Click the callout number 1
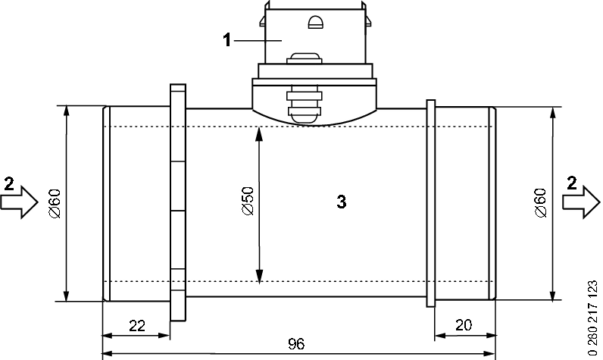(x=227, y=40)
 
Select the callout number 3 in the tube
(x=341, y=202)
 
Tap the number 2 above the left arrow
(x=8, y=183)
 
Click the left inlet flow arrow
(x=19, y=203)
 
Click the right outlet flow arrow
(x=581, y=203)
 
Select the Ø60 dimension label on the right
(x=539, y=202)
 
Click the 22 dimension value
(x=137, y=326)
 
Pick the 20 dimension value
(x=464, y=326)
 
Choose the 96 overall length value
(x=296, y=344)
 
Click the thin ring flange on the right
(x=431, y=203)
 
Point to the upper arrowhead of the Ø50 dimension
(x=260, y=133)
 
